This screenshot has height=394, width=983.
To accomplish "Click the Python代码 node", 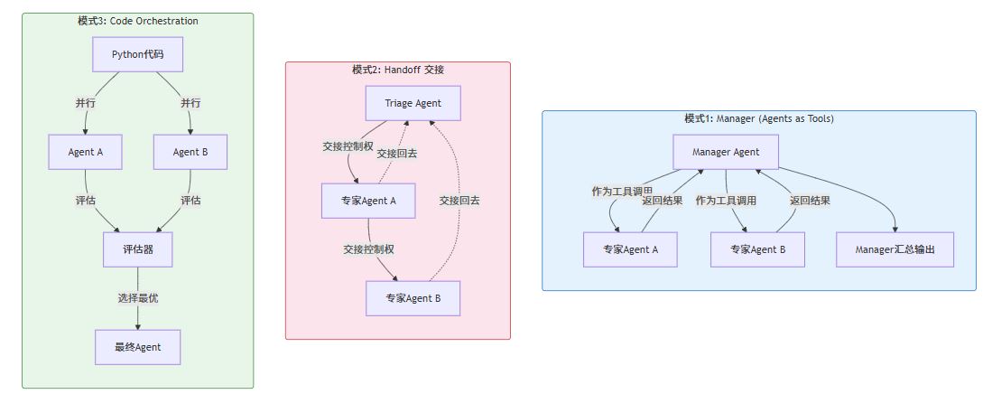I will [137, 54].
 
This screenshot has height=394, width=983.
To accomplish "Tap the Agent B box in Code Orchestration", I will [190, 152].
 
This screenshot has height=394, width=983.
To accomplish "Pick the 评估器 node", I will [137, 249].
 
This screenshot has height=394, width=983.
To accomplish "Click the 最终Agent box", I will [137, 347].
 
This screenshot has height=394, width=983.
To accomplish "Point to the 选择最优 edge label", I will [137, 298].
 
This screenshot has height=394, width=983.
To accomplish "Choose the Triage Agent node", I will [413, 103].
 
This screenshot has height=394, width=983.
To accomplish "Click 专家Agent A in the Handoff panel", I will [368, 201].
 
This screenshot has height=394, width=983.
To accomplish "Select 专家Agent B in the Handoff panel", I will [413, 298].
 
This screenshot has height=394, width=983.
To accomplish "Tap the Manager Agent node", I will [726, 152].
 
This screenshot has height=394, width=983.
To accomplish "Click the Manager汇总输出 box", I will [894, 249].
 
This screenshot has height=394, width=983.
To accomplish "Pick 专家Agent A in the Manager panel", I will [630, 249].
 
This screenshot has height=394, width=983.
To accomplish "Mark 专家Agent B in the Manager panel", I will [757, 249].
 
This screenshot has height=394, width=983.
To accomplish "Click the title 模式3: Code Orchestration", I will [137, 21].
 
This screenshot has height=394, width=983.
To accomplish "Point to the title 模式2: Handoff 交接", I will [398, 70].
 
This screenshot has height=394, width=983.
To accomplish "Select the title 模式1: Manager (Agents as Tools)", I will [758, 118].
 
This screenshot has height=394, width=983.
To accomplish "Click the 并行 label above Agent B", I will [190, 103].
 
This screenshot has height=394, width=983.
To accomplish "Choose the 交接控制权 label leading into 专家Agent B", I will [368, 249].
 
